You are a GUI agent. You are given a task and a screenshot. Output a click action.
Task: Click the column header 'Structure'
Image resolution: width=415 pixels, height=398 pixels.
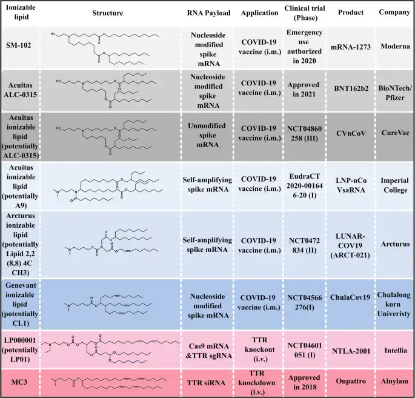tap(110, 13)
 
